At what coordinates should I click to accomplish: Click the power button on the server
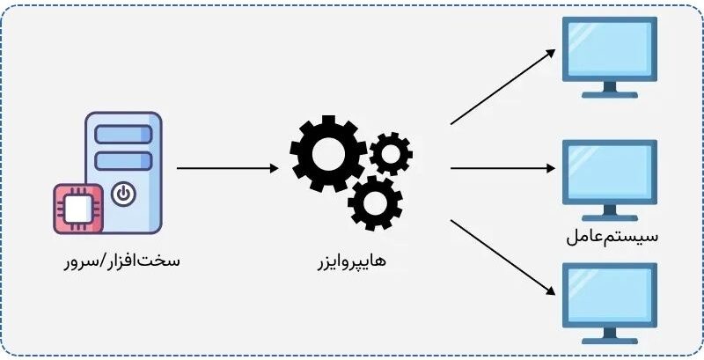[123, 195]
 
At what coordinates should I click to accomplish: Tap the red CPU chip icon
[78, 209]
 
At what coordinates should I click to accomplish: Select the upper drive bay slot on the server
[123, 135]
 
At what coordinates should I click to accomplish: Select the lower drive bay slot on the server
[123, 161]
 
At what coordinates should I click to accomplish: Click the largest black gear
[328, 153]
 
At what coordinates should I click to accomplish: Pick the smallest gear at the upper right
[391, 153]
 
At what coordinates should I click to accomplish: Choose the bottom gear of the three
[375, 203]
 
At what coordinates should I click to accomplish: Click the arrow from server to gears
[228, 168]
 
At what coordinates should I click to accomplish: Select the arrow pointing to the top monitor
[502, 86]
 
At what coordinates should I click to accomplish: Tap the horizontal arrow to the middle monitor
[502, 168]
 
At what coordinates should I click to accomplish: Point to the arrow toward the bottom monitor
[502, 258]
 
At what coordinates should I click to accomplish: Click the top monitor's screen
[610, 49]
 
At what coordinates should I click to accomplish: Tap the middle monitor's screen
[610, 172]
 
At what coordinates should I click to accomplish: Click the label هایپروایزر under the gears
[351, 261]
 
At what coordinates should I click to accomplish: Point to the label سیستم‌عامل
[612, 237]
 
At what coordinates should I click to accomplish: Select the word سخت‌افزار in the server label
[141, 261]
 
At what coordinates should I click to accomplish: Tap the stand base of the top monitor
[610, 95]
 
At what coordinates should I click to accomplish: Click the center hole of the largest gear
[328, 153]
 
